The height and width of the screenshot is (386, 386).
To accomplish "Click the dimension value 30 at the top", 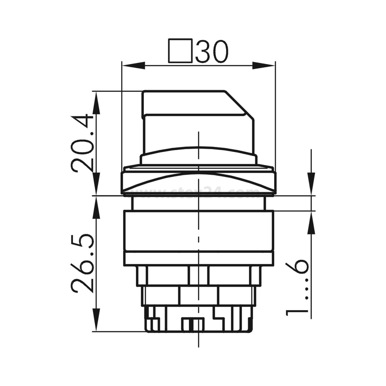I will point(212,51).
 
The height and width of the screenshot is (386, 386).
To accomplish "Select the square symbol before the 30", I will point(180,51).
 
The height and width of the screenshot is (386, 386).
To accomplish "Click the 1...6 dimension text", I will point(297,287).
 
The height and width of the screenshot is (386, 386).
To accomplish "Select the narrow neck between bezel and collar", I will point(198,203).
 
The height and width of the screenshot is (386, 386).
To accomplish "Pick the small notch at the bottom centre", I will point(193,324).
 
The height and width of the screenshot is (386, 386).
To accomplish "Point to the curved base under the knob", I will point(198,156).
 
